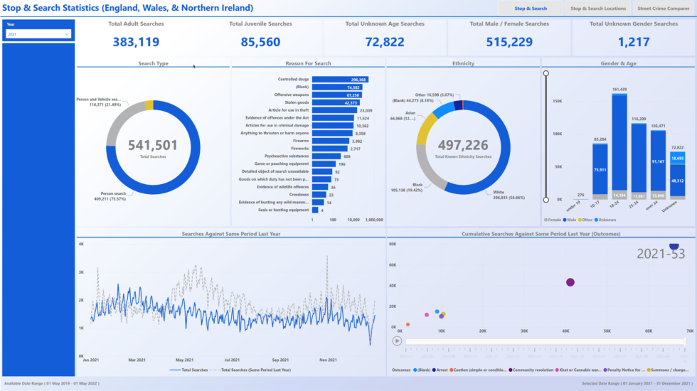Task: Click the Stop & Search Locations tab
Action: coord(598,9)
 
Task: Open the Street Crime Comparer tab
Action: coord(663,9)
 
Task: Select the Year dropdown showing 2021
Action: coord(38,33)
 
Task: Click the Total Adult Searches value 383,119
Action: coord(136,42)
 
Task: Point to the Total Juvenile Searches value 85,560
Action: coord(260,42)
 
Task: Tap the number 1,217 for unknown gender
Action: coord(633,42)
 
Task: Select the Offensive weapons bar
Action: coord(337,95)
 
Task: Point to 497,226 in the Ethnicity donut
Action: coord(463,144)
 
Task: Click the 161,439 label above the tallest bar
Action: coord(619,90)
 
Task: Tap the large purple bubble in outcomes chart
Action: coord(570,282)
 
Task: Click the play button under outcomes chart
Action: coord(398,341)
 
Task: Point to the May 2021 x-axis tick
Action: coord(184,360)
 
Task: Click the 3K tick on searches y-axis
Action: coord(81,272)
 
